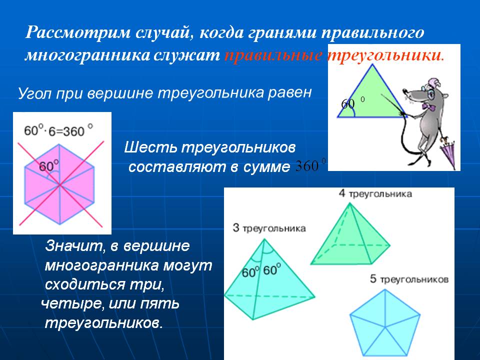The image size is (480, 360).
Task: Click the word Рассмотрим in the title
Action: (78, 32)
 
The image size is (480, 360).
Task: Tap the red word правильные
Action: (273, 55)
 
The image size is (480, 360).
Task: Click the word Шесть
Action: (150, 147)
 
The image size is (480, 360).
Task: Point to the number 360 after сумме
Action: (307, 166)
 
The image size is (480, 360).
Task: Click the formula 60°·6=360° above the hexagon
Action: (58, 130)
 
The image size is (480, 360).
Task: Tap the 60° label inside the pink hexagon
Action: (49, 166)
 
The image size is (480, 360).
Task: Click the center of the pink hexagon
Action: (59, 184)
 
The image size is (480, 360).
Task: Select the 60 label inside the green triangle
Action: (348, 104)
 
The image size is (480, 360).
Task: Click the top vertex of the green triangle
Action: (372, 64)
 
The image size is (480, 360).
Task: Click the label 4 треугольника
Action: (375, 194)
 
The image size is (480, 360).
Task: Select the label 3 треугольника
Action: (269, 228)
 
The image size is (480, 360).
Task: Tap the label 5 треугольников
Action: (409, 279)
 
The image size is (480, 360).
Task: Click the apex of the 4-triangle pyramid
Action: (349, 203)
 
